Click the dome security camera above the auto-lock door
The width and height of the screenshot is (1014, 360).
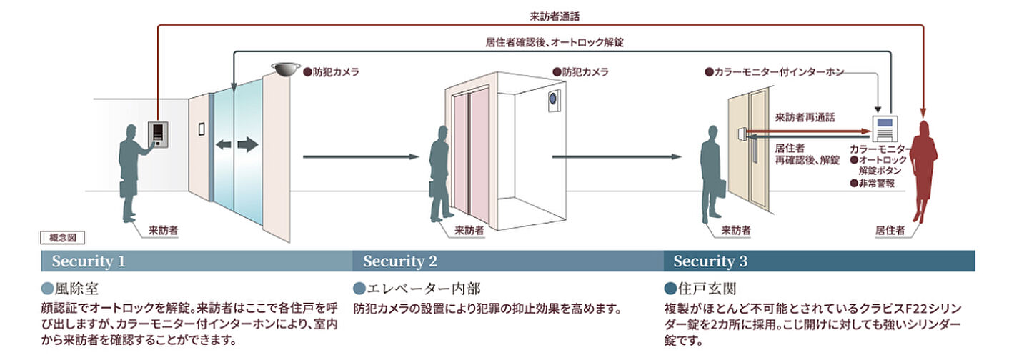(x=285, y=69)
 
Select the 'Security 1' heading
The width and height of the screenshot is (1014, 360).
(x=89, y=261)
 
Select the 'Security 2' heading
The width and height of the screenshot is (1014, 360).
(x=399, y=261)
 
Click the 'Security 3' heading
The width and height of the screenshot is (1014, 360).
(x=710, y=261)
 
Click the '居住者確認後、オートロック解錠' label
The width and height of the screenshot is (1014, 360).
(x=554, y=42)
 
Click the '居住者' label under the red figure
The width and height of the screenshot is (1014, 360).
(x=890, y=230)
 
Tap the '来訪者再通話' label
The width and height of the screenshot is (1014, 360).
(x=805, y=116)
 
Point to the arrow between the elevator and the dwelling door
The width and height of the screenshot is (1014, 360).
(x=617, y=156)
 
